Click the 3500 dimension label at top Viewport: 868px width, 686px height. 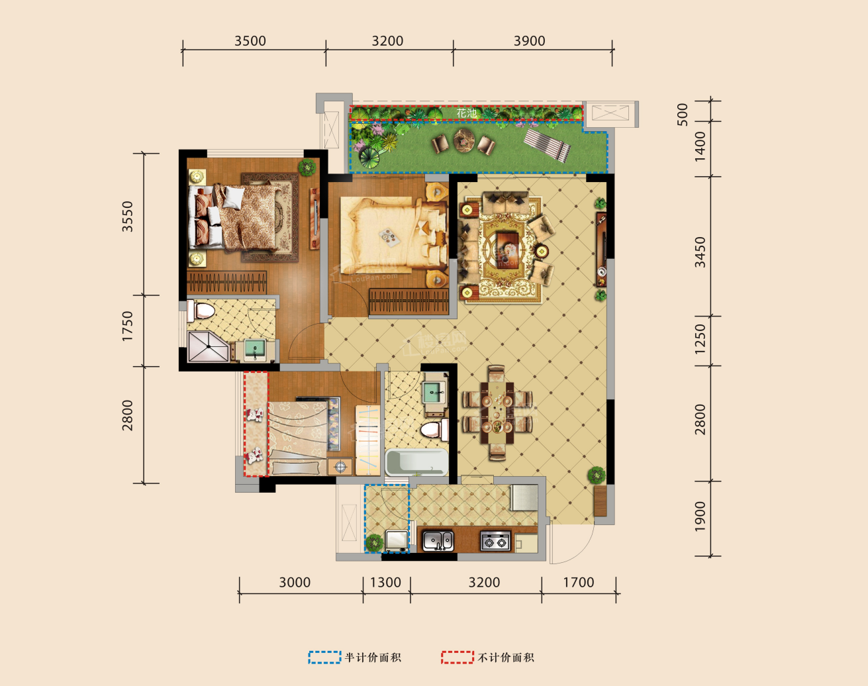[x=250, y=41]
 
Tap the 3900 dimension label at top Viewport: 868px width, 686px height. [x=530, y=41]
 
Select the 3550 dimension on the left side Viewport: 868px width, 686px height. [x=127, y=217]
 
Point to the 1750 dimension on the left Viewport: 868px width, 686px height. [x=127, y=326]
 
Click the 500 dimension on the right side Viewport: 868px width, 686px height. [x=683, y=114]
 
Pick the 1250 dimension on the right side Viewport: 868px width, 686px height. [x=700, y=338]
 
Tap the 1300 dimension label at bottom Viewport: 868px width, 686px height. [x=385, y=583]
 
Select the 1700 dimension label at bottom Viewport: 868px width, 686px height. [x=579, y=583]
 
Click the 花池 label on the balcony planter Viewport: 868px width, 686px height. [x=466, y=113]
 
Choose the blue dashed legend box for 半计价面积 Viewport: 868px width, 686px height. [x=324, y=658]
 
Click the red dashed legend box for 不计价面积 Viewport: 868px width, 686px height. [x=458, y=658]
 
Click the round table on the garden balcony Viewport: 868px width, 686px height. [x=463, y=141]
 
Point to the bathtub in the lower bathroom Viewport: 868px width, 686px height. [x=416, y=462]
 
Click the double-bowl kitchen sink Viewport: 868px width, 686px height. [x=438, y=540]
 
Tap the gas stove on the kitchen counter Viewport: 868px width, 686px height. [x=495, y=540]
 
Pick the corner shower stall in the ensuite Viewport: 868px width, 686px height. [x=207, y=347]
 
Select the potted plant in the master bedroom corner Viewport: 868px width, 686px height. [x=307, y=167]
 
